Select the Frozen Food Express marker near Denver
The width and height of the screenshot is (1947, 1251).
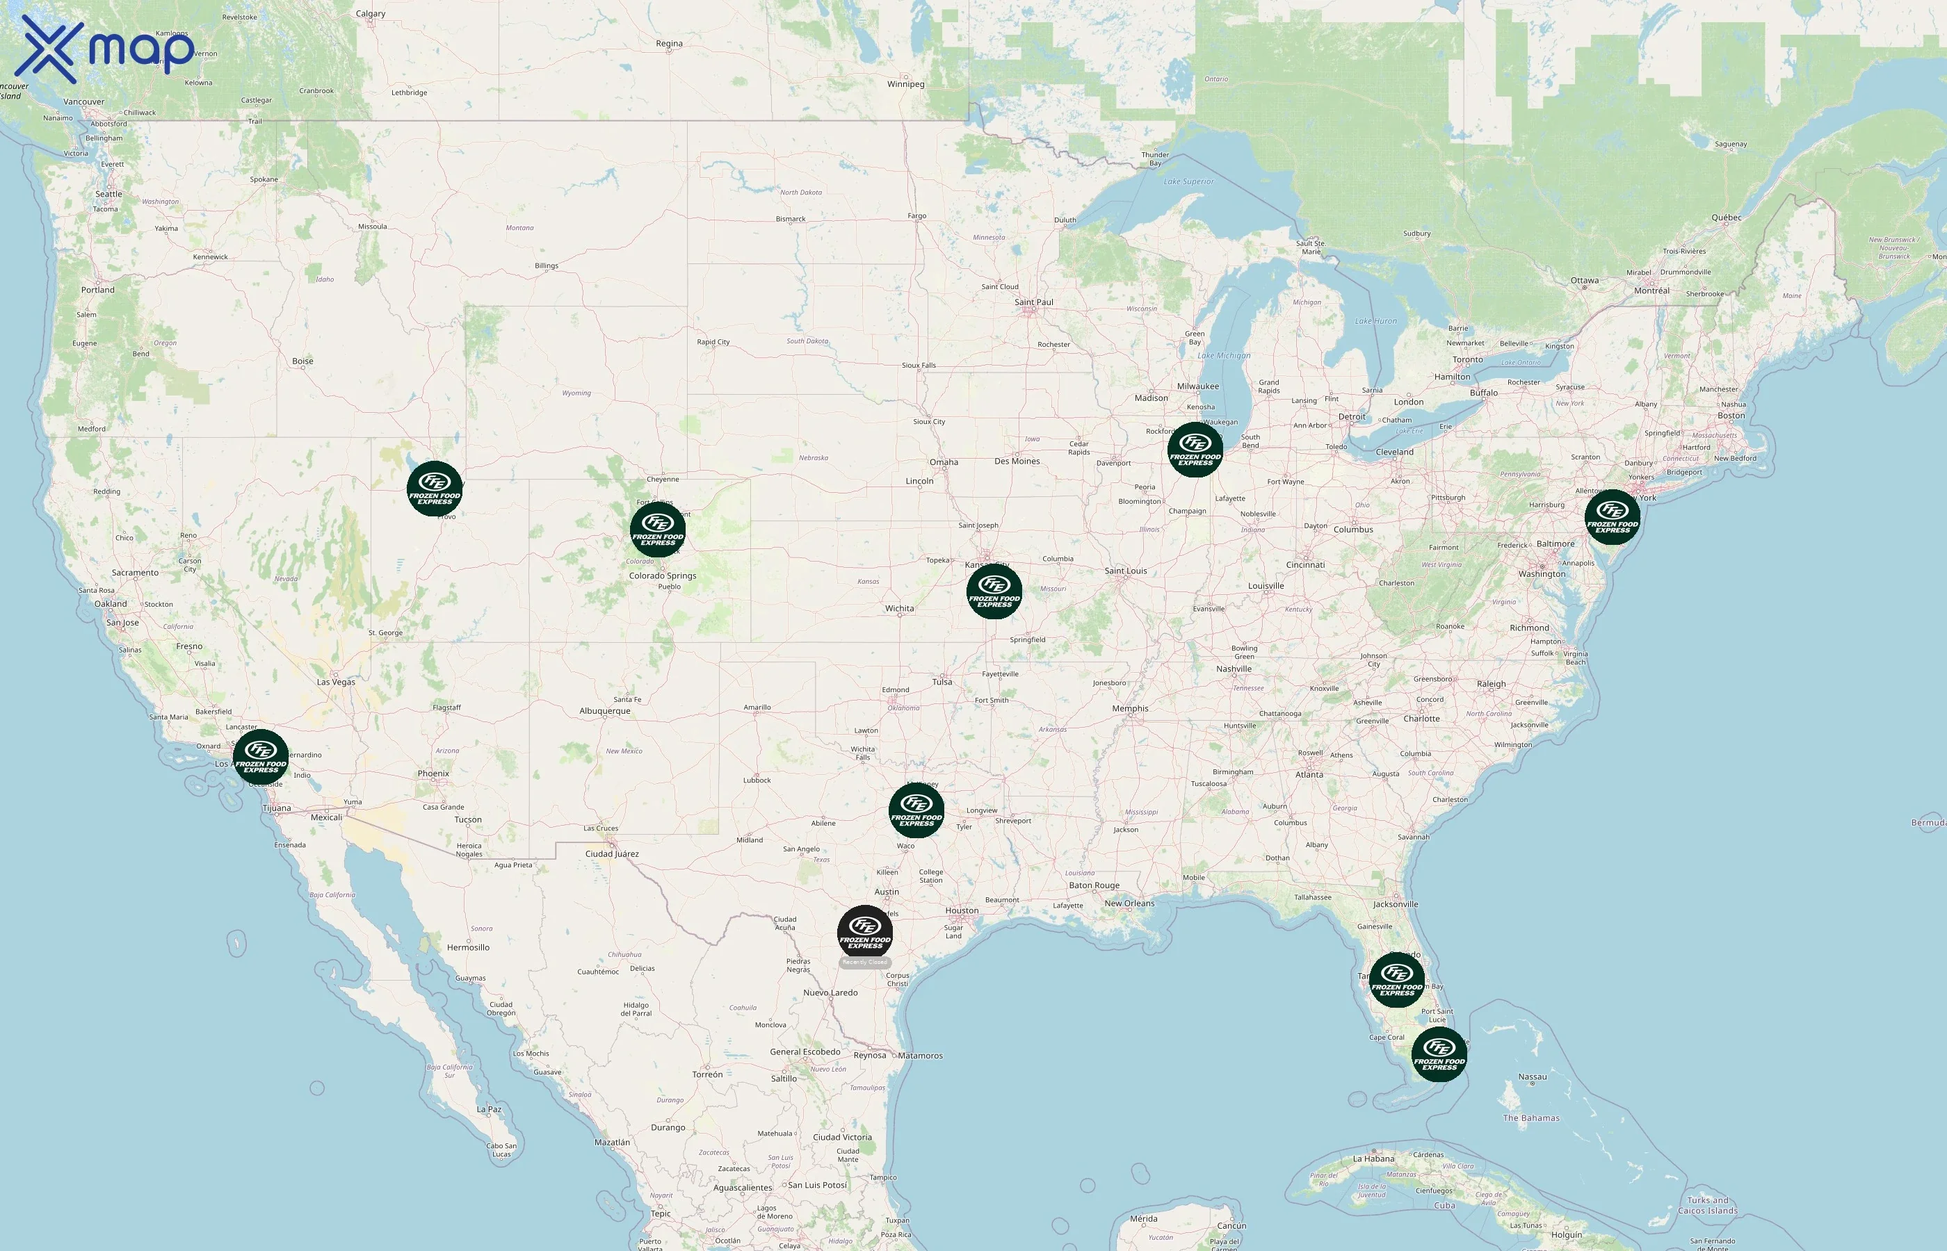click(x=657, y=530)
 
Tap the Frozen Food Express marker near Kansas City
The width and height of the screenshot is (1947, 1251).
click(x=994, y=591)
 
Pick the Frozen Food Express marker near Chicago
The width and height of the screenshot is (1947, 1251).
click(x=1195, y=449)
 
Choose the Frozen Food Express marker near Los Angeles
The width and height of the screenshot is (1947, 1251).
click(x=261, y=756)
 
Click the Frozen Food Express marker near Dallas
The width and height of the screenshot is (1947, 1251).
click(x=916, y=810)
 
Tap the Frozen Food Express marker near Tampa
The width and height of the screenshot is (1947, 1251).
click(x=1396, y=980)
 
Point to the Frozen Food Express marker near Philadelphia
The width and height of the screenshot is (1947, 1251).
click(x=1613, y=516)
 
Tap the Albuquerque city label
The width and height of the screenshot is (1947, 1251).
click(x=604, y=711)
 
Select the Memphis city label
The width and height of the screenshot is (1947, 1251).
click(x=1129, y=708)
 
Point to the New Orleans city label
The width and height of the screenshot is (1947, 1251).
click(x=1129, y=903)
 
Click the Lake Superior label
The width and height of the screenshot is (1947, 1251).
click(x=1188, y=181)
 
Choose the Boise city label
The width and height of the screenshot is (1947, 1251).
click(x=302, y=361)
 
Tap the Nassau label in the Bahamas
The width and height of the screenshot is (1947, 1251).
click(x=1532, y=1077)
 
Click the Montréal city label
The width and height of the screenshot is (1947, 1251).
click(x=1651, y=291)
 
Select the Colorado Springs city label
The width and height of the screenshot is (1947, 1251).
click(x=662, y=576)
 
